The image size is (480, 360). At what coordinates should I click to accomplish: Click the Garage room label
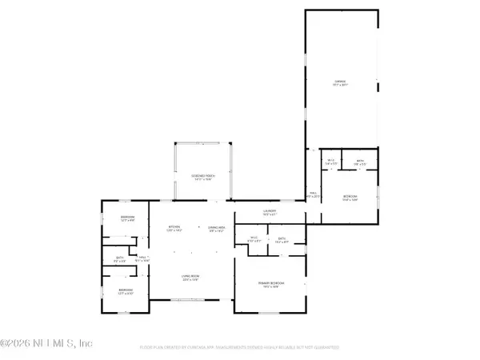coord(340,82)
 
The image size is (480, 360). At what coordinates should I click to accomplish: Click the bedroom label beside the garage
coord(350,198)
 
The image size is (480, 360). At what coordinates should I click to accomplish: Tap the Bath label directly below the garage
coord(361,162)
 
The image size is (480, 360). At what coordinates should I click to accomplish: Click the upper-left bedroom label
coord(127,219)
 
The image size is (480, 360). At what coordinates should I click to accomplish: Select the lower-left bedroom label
coord(126,291)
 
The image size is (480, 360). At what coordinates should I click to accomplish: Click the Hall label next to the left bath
coord(141,259)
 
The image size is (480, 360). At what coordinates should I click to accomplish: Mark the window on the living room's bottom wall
coord(189,300)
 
